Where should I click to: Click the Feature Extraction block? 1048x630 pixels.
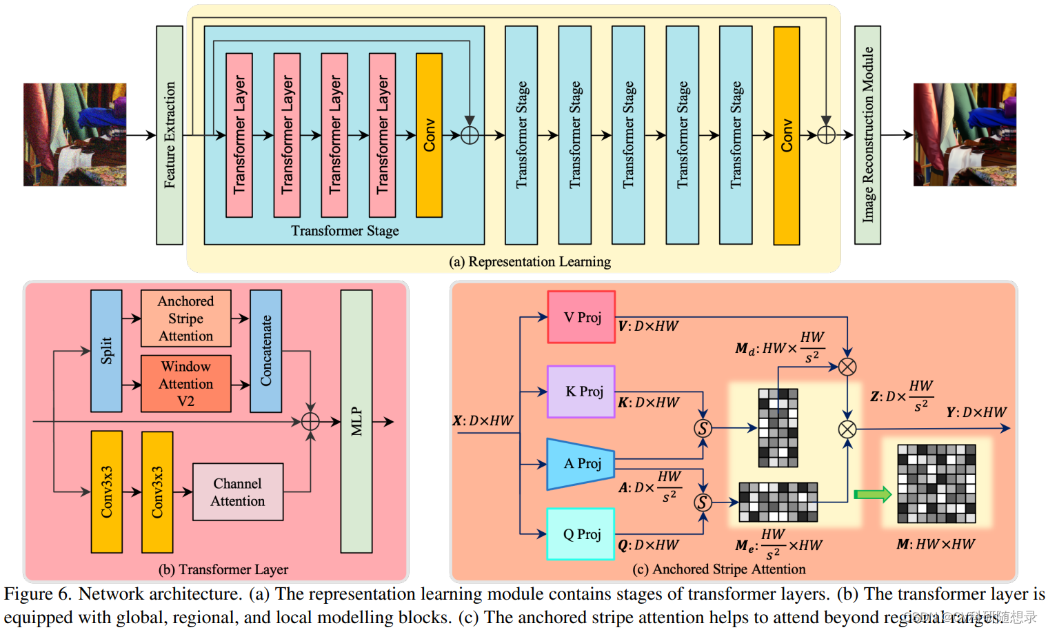(170, 135)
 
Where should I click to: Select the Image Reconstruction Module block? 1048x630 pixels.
(867, 135)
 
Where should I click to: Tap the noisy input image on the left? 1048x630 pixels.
(74, 135)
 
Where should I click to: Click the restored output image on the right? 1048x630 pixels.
(965, 135)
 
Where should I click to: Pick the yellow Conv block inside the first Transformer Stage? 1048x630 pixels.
(429, 135)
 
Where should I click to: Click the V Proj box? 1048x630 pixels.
(581, 317)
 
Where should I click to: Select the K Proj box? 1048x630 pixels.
(581, 392)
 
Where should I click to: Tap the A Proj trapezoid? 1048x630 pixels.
(580, 464)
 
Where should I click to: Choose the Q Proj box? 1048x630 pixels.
(581, 534)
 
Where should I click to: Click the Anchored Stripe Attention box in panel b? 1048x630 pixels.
(185, 318)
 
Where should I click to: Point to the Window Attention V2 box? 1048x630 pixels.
(185, 384)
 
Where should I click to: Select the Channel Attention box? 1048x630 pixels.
(237, 492)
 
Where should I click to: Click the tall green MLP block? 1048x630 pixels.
(356, 421)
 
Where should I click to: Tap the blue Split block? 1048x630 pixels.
(106, 351)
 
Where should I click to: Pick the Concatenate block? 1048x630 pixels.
(265, 351)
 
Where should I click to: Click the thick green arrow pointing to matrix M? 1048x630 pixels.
(872, 494)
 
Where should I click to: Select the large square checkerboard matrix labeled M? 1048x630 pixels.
(936, 484)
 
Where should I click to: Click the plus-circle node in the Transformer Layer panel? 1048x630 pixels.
(310, 421)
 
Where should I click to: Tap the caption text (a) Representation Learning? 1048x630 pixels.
(530, 262)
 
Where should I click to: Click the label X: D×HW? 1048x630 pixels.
(483, 420)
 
